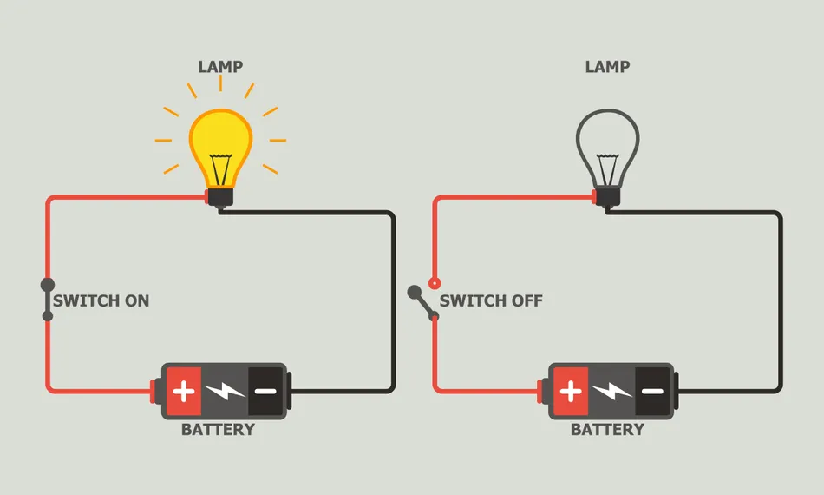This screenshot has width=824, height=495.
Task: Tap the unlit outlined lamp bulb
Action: [x=607, y=139]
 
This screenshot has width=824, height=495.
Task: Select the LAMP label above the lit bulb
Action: [x=220, y=67]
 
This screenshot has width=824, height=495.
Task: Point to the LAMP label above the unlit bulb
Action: [x=607, y=67]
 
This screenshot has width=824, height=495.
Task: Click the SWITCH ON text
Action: [x=101, y=301]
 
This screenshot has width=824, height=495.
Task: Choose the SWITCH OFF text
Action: [x=491, y=301]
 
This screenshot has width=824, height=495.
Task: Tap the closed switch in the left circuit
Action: [x=48, y=300]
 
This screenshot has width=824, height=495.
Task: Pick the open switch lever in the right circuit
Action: [x=423, y=304]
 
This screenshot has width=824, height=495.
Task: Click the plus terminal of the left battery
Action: [x=184, y=391]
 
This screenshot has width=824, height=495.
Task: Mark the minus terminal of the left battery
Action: [x=265, y=391]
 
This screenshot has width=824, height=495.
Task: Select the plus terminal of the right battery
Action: [x=571, y=391]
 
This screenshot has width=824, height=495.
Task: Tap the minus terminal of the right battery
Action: [x=652, y=391]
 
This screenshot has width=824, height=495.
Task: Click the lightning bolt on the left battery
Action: [x=225, y=391]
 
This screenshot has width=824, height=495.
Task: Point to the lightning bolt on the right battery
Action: [x=611, y=391]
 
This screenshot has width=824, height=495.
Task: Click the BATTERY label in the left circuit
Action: [x=218, y=430]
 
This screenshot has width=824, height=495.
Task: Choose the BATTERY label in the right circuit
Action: [x=607, y=430]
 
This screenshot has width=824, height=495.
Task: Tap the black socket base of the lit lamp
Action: [x=220, y=198]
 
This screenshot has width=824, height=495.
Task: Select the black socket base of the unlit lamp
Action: [x=607, y=198]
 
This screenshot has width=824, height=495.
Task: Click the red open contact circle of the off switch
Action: [x=435, y=283]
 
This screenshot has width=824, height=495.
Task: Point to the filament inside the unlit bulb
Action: [x=607, y=165]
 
